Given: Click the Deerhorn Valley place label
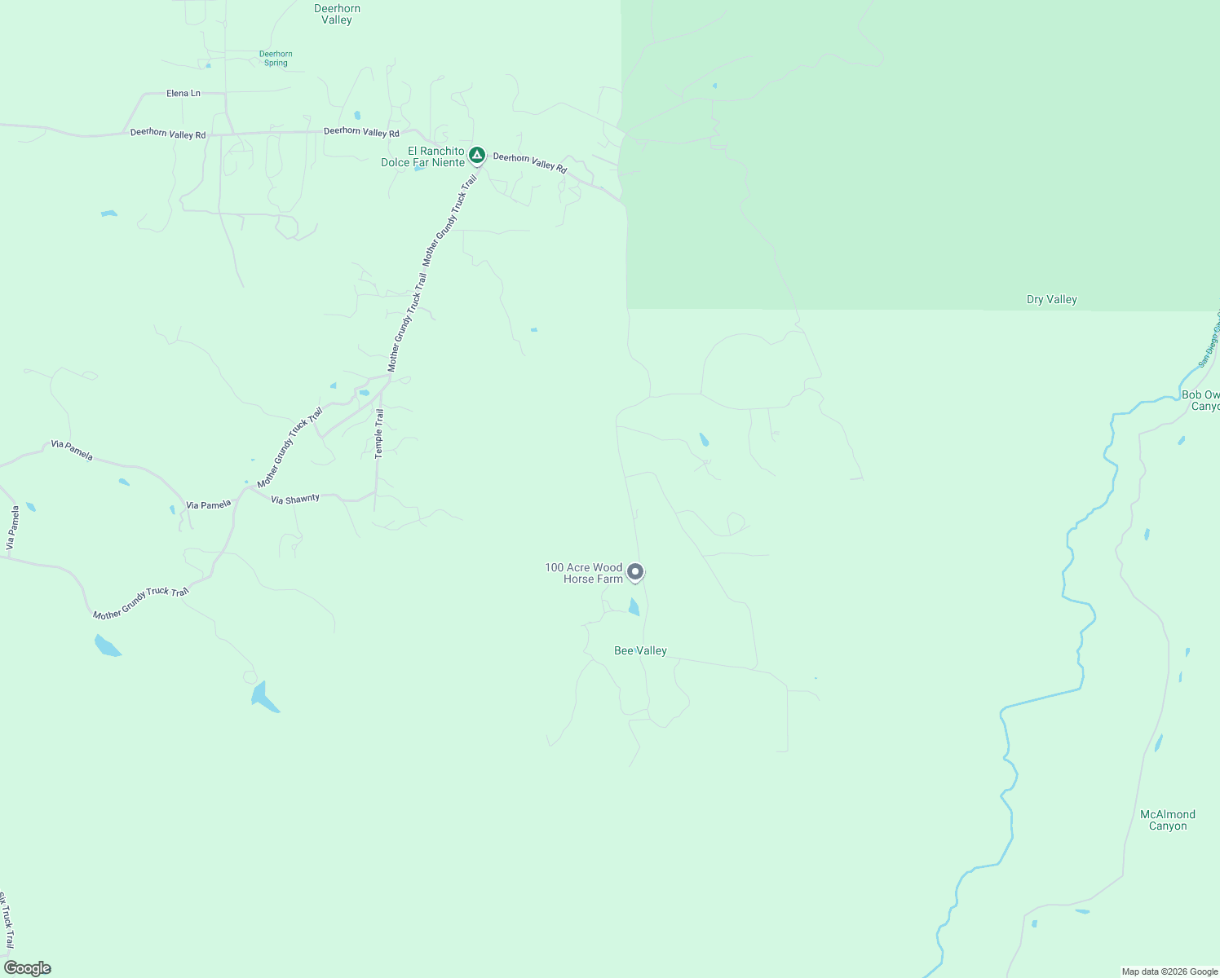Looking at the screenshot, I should coord(337,15).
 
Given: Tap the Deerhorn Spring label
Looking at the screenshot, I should coord(276,59).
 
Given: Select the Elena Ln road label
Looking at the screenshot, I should coord(183,94).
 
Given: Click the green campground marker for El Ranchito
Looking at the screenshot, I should coord(477,154).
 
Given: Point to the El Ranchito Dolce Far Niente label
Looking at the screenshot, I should coord(422,157).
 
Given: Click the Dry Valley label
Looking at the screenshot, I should coord(1051,300).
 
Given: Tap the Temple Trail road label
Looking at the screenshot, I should coord(378,434).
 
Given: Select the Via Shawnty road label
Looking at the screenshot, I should coord(295,500).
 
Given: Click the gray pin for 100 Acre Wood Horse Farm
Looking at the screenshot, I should coord(635,572).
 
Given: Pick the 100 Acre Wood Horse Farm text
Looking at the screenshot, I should coord(584,573).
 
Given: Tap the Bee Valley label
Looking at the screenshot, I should coord(640,651).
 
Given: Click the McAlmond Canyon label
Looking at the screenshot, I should coord(1167,820).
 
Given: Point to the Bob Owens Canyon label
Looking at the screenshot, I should coord(1200,401).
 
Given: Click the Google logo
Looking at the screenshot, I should coord(28,968).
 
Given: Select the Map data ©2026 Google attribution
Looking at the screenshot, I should coord(1169,971).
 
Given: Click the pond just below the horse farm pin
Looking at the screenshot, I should coord(634,607).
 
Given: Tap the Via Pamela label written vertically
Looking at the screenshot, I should coord(12,528).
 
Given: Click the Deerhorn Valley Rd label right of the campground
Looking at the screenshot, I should coord(529,161).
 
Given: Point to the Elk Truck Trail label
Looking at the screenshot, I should coord(7,921).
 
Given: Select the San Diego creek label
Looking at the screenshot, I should coord(1208,342).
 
